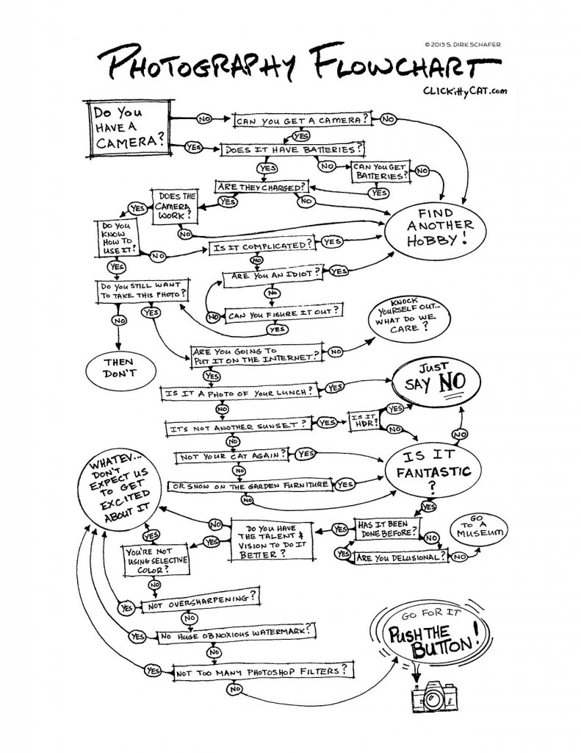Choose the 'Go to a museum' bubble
(477, 529)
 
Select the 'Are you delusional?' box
(400, 558)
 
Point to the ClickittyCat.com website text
(465, 90)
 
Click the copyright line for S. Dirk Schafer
(462, 45)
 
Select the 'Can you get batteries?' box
(380, 172)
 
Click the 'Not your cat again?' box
(232, 456)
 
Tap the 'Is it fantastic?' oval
(433, 471)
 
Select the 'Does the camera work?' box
(176, 207)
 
